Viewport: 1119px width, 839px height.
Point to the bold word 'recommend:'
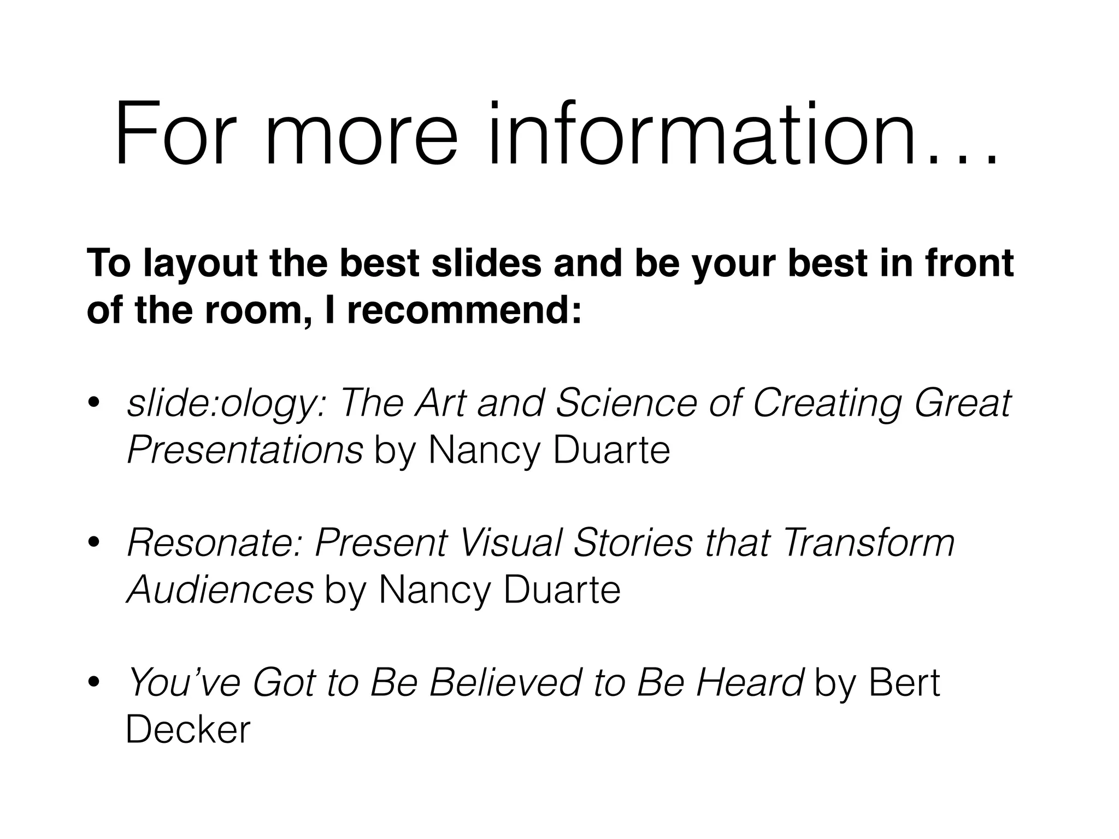coord(464,310)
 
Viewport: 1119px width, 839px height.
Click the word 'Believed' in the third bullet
coord(505,683)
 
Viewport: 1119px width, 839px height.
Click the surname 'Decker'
coord(188,730)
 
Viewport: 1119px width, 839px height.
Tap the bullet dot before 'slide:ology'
coord(94,403)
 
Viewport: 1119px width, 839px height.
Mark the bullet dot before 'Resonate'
coord(94,542)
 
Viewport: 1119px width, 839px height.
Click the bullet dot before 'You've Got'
coord(94,682)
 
